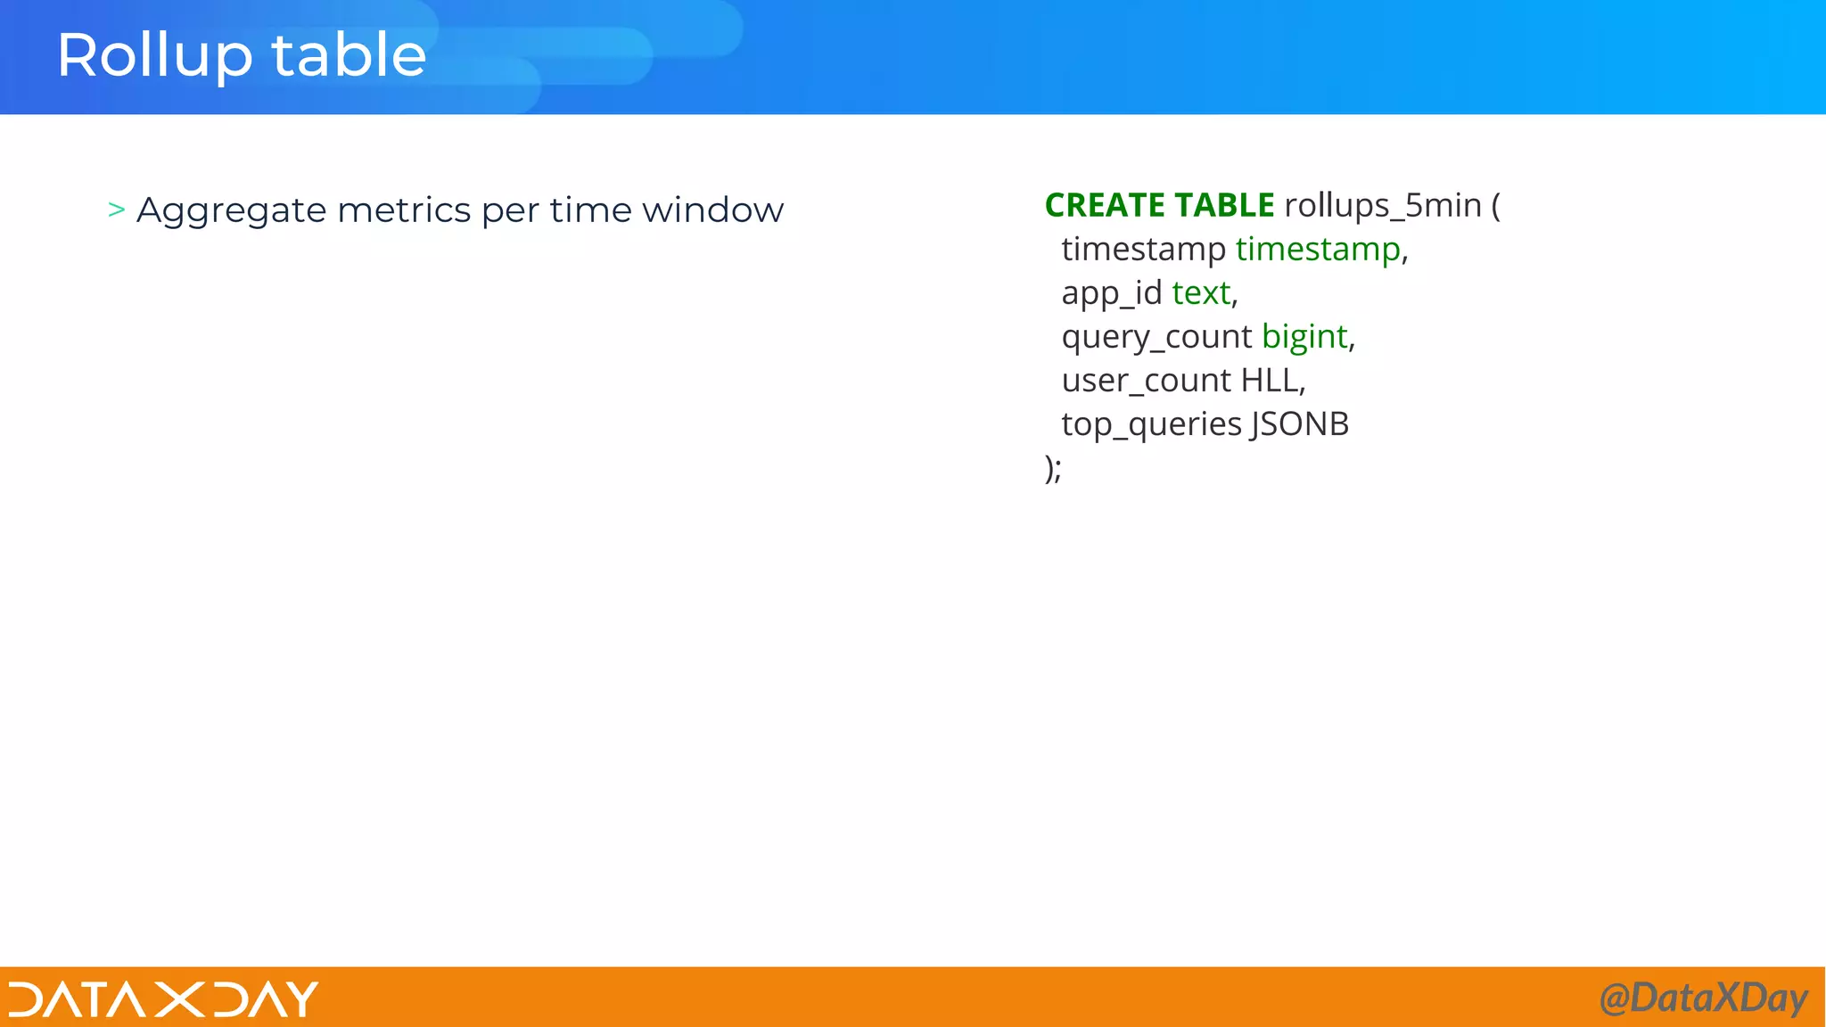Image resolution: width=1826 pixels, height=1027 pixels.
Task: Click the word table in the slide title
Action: coord(349,55)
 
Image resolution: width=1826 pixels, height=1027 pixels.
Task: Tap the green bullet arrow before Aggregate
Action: coord(116,210)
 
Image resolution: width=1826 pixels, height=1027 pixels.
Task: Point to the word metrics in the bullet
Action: coord(404,210)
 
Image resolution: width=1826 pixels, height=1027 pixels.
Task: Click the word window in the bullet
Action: coord(712,210)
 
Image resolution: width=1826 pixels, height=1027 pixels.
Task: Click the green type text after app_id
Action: coord(1201,293)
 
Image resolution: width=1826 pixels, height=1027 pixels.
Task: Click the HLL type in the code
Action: coord(1270,381)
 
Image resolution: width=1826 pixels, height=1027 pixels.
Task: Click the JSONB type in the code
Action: coord(1300,424)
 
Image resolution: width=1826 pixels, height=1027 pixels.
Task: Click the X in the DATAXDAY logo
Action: coord(178,999)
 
